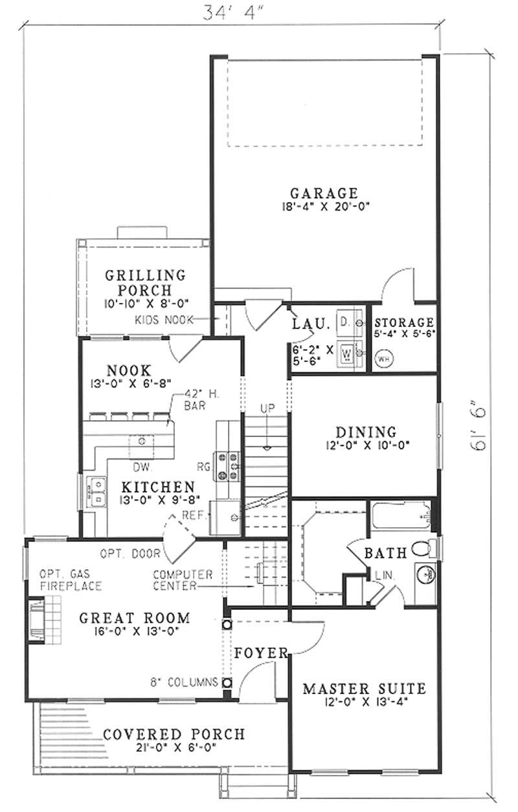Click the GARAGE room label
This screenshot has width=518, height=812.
point(324,193)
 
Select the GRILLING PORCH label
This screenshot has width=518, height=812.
point(145,283)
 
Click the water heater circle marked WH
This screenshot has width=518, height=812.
point(383,357)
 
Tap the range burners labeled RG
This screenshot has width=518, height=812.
point(229,466)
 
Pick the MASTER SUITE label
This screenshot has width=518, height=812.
point(365,688)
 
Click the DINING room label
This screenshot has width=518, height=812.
point(366,432)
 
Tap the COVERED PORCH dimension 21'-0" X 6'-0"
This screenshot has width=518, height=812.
point(174,747)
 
